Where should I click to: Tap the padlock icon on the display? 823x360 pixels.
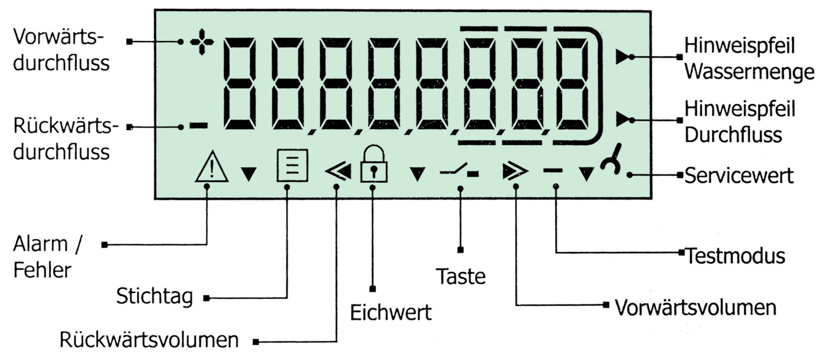[373, 164]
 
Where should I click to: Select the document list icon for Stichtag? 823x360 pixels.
[292, 165]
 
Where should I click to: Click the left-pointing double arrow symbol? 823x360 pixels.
[338, 172]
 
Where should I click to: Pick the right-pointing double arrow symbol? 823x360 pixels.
[515, 172]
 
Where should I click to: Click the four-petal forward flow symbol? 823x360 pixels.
[202, 42]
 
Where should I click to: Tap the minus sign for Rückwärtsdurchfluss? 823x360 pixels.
[199, 126]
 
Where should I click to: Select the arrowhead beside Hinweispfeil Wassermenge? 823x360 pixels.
[622, 57]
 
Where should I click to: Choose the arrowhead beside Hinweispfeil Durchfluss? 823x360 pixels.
[622, 120]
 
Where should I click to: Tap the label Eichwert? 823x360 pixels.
[391, 312]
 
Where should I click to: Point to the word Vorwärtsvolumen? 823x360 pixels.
[695, 308]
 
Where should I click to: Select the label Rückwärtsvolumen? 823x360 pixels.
[149, 340]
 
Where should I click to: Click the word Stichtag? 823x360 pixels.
[154, 296]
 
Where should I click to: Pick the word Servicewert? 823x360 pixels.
[739, 176]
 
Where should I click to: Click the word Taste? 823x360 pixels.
[460, 276]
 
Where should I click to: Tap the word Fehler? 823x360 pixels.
[42, 270]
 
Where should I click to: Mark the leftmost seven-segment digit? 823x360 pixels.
[239, 84]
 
